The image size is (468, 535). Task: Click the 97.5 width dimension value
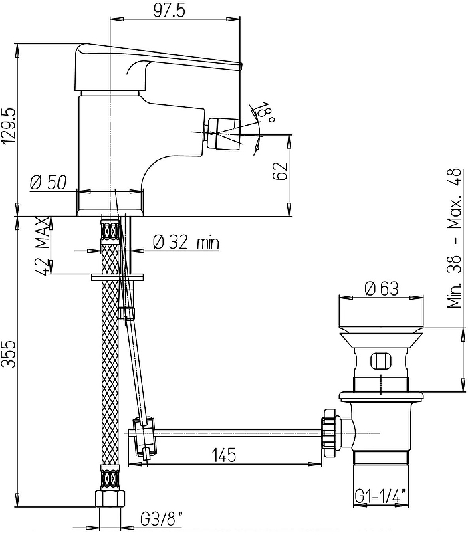[169, 11]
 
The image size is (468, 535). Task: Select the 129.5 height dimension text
[9, 127]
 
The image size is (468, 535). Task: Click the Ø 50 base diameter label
[48, 183]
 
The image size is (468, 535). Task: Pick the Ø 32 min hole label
[186, 243]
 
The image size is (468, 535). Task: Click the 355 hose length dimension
[9, 354]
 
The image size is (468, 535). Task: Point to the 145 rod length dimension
[224, 455]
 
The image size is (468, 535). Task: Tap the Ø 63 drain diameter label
[381, 289]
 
